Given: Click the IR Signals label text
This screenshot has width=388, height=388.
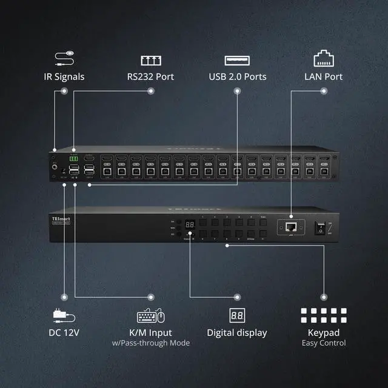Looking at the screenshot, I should point(64,77).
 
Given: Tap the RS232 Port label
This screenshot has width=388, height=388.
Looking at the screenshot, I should point(150,77).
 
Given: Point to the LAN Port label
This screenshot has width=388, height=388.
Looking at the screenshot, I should point(323,77).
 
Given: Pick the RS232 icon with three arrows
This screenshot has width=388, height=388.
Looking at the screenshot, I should point(150,60).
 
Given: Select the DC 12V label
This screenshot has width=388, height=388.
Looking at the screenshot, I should point(64,332).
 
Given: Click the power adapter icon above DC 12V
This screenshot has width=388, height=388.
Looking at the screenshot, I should point(64,315).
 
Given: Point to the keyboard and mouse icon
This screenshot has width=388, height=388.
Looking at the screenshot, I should point(151,315).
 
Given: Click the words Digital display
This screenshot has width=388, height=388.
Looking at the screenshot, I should point(236,332).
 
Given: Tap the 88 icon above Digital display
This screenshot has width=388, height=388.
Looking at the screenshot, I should point(236,315).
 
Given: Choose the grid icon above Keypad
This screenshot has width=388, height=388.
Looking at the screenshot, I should point(324,315).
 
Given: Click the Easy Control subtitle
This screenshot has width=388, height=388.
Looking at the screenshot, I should point(324,343).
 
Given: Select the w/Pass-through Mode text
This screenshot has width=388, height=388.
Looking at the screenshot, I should point(150,343).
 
